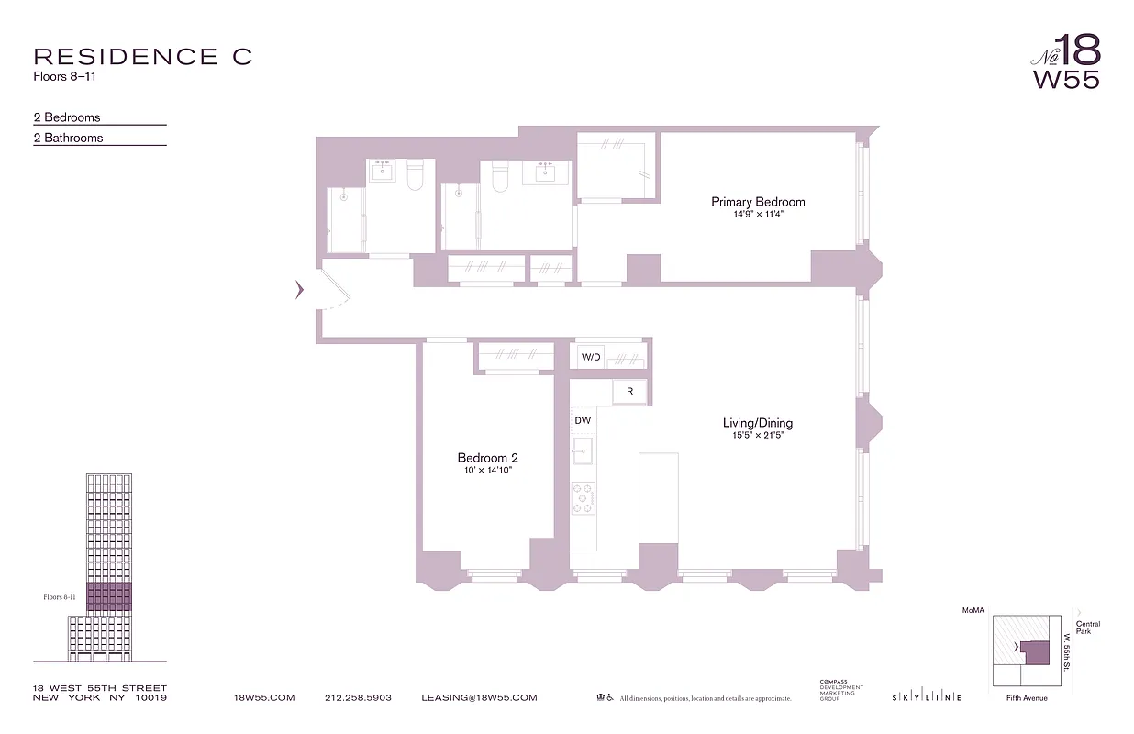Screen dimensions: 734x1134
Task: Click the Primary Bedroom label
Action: pos(758,202)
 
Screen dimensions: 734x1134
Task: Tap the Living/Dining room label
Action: pos(757,423)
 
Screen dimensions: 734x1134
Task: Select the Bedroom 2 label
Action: pos(488,458)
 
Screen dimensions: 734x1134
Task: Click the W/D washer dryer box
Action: pos(591,357)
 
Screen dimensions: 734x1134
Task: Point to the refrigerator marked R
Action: pos(629,392)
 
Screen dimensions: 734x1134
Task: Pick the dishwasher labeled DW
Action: pos(583,421)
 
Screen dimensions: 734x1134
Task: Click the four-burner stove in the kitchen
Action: pos(583,498)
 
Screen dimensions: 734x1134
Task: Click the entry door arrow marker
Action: pos(299,290)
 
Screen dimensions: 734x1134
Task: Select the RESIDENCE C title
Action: pos(142,57)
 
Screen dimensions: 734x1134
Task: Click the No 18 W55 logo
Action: pos(1065,62)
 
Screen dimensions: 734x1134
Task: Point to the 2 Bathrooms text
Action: pos(69,138)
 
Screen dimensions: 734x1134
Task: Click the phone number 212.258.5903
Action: pos(358,698)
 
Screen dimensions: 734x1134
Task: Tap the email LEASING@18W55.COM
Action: pos(479,698)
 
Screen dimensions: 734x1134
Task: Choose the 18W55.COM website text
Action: pos(265,698)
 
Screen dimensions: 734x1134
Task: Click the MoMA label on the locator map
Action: pos(973,610)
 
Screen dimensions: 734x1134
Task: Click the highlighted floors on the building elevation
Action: pos(109,596)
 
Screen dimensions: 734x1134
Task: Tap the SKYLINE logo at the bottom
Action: pos(927,698)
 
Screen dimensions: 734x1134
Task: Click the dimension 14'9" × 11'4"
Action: pos(758,216)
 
